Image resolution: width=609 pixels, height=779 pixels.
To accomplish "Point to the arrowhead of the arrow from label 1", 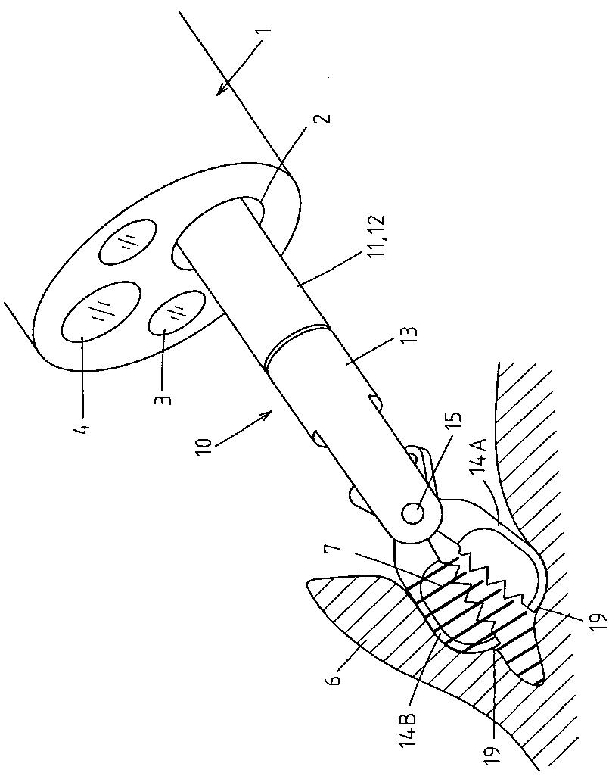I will [x=219, y=94].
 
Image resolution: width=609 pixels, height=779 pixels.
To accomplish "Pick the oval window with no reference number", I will [x=128, y=242].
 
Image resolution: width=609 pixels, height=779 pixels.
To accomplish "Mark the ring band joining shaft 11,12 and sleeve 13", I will [x=297, y=341].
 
